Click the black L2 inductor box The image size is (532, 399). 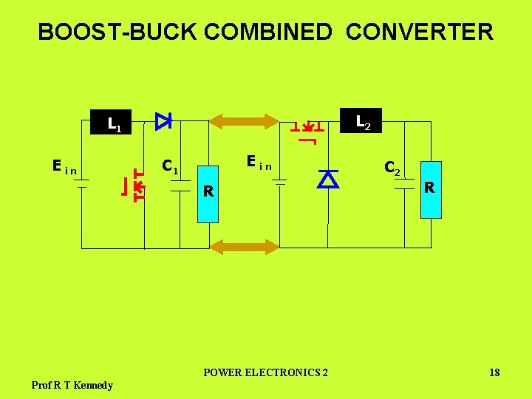click(x=361, y=120)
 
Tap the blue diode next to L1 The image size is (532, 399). click(x=163, y=120)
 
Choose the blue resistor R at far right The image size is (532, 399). click(x=430, y=189)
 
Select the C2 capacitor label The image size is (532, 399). click(x=392, y=168)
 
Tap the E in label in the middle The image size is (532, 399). click(x=259, y=162)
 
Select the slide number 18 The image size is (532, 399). click(x=494, y=372)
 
